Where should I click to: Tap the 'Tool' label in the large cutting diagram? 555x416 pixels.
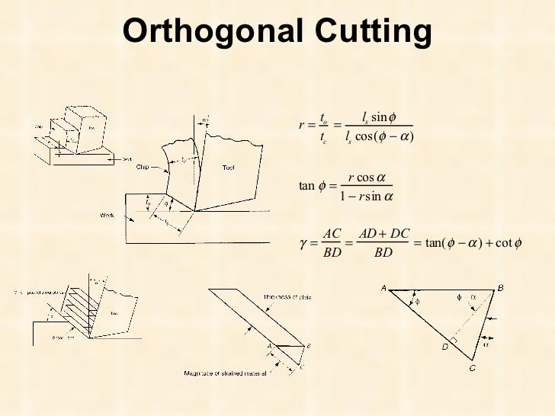pos(228,168)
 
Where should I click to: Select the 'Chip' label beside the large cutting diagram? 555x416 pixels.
pos(143,166)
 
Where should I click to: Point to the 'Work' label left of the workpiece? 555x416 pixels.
pos(107,215)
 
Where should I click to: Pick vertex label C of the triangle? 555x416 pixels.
pos(474,368)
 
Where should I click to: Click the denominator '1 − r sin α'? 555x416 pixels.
pos(366,198)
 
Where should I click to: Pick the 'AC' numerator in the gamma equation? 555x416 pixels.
pos(331,232)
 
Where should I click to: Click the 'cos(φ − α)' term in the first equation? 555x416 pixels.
pos(385,139)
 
